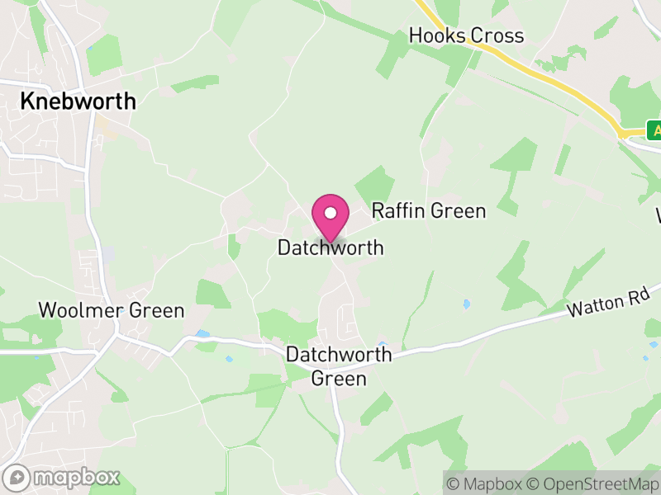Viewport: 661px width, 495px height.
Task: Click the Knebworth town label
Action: click(x=78, y=101)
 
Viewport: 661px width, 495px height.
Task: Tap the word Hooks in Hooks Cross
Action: click(x=437, y=36)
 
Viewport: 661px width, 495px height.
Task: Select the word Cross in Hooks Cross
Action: click(x=497, y=36)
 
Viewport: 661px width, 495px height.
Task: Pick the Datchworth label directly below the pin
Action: click(x=330, y=247)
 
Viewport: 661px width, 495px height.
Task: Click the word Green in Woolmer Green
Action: click(x=157, y=311)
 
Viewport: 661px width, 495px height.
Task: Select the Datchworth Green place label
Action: click(x=337, y=365)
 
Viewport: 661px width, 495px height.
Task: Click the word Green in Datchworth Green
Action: click(x=338, y=379)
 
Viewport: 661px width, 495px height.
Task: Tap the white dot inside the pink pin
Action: click(x=330, y=213)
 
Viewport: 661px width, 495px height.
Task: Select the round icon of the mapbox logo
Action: click(x=17, y=477)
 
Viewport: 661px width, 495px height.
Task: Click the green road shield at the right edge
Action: click(x=654, y=130)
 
